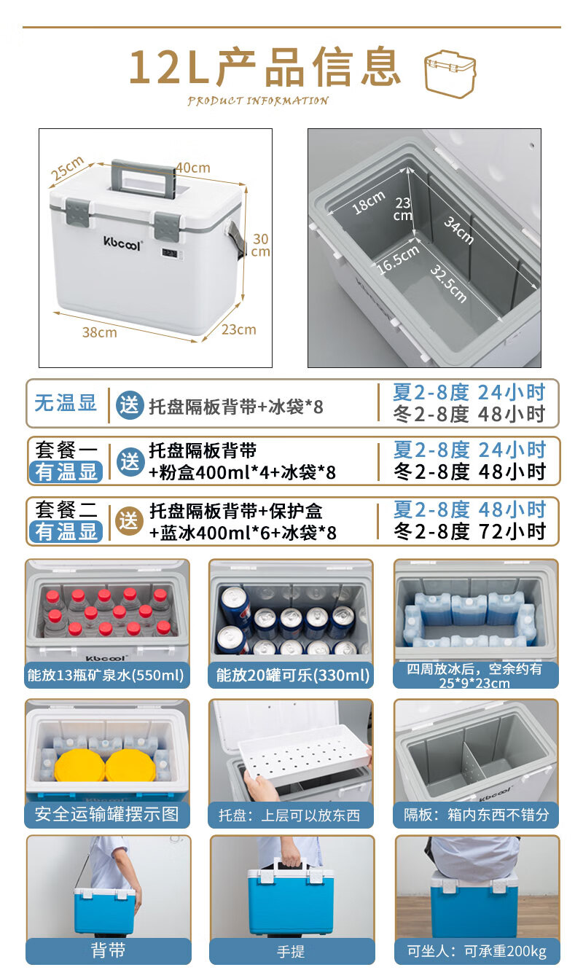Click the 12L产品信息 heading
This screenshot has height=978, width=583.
click(265, 67)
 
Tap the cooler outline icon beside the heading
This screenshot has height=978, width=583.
click(450, 74)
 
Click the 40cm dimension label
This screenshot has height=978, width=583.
click(193, 168)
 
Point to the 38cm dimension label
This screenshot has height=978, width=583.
click(100, 333)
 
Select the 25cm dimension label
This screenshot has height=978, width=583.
click(67, 168)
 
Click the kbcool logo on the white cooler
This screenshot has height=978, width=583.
click(122, 243)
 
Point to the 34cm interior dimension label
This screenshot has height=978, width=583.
click(458, 230)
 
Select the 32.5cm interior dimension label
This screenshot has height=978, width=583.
click(448, 283)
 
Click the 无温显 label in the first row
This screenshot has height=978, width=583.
click(66, 402)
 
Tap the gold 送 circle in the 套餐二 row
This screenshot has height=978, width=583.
click(129, 520)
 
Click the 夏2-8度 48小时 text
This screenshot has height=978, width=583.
click(469, 509)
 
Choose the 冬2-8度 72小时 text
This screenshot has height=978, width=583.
click(469, 531)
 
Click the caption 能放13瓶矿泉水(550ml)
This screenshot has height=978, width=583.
click(106, 675)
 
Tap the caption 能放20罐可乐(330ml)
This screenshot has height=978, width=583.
click(292, 675)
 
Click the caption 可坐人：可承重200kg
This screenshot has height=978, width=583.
click(477, 951)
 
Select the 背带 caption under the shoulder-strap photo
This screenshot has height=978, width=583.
click(108, 950)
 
